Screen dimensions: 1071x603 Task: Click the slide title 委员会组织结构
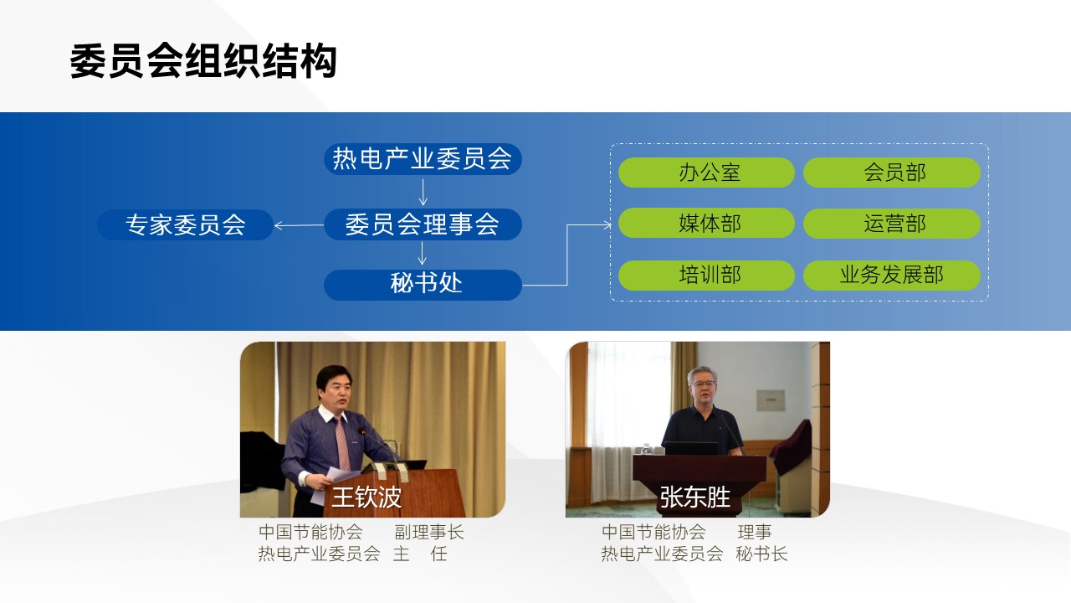(203, 61)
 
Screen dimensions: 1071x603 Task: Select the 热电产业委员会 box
(423, 159)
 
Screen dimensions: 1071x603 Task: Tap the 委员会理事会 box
(423, 224)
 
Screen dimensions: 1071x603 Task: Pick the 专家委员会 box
(186, 224)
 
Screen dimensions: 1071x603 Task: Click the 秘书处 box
(423, 285)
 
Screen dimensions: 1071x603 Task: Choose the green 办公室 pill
(707, 173)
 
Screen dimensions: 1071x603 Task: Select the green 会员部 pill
(892, 173)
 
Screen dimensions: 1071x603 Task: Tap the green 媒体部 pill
(707, 223)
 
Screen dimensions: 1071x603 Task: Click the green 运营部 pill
(892, 223)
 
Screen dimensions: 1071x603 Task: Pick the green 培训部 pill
(707, 276)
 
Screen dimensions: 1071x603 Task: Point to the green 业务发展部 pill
(892, 276)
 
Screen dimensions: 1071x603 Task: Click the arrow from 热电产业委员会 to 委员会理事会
(423, 192)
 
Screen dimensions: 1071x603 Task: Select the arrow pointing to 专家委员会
(299, 225)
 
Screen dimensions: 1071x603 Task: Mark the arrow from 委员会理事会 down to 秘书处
(423, 253)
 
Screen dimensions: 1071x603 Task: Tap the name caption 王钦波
(366, 497)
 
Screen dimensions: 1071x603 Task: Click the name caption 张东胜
(695, 497)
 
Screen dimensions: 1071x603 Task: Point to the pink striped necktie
(342, 443)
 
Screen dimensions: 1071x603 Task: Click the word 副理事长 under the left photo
(429, 532)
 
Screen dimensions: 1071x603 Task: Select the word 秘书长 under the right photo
(761, 554)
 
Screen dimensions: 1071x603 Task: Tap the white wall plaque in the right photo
(771, 400)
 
